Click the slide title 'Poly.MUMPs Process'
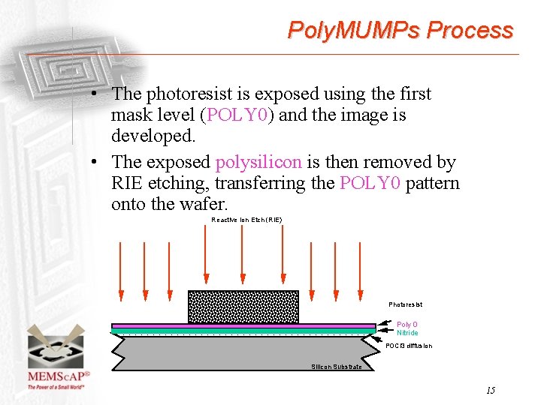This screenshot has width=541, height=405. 400,31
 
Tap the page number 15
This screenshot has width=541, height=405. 490,390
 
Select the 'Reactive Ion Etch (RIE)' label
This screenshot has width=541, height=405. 246,220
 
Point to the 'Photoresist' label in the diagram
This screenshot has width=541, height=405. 405,304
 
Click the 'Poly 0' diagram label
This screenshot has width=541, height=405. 407,325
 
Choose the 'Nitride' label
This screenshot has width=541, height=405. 407,333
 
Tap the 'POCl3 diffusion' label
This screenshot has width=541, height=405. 409,346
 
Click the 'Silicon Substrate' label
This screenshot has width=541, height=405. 336,367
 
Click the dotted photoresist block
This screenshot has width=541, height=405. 243,307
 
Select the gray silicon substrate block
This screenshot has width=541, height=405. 240,352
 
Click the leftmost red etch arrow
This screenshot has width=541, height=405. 120,270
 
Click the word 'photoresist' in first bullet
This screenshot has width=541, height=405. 188,94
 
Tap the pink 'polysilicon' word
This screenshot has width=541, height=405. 258,162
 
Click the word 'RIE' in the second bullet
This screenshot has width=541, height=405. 128,183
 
